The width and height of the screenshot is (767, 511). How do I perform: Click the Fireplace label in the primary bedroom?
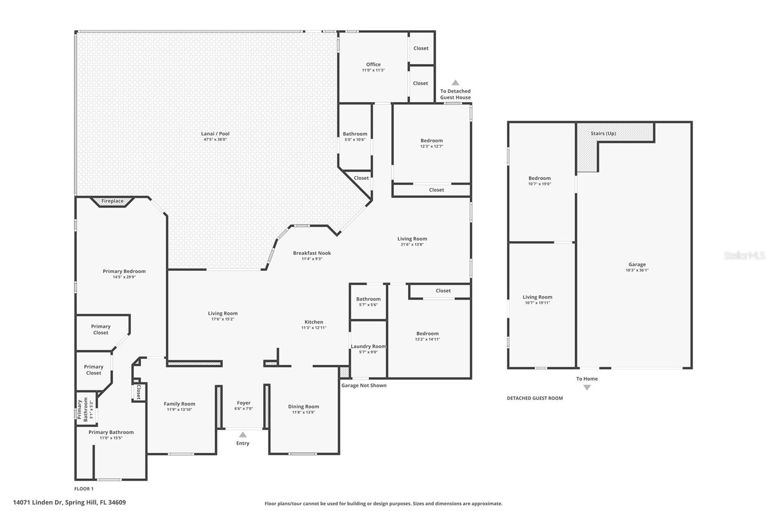(x=112, y=201)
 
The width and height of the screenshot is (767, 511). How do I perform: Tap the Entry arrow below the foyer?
(x=243, y=435)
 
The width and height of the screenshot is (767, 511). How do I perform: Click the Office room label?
(x=373, y=64)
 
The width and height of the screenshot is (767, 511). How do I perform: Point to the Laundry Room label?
(x=368, y=346)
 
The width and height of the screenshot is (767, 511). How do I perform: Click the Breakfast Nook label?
(x=312, y=253)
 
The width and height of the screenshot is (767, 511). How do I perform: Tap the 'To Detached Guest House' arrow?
(x=455, y=82)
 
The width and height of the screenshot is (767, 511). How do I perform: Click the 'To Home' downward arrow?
(x=587, y=387)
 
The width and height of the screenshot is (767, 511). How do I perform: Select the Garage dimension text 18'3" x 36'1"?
(x=637, y=270)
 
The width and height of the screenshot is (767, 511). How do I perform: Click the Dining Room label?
(x=303, y=406)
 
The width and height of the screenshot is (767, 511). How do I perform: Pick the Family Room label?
(x=179, y=404)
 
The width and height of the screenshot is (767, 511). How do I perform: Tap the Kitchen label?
(x=314, y=322)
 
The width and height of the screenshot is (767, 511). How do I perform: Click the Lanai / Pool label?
(x=215, y=134)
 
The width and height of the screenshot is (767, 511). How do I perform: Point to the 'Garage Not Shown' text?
(x=364, y=385)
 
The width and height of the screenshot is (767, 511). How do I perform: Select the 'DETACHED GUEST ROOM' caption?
(x=535, y=398)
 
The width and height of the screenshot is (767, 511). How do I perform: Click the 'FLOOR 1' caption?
(x=84, y=489)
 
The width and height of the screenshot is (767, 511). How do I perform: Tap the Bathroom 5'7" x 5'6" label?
(x=368, y=299)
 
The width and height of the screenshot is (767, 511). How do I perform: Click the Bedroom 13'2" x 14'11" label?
(x=427, y=334)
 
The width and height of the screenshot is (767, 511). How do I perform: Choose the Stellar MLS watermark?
(x=744, y=256)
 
